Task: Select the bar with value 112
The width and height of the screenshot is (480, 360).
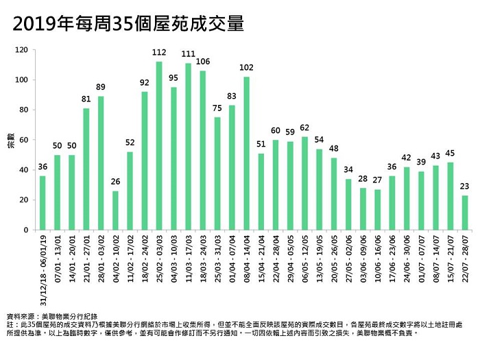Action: (x=159, y=137)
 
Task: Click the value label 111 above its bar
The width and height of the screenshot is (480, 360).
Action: (x=189, y=55)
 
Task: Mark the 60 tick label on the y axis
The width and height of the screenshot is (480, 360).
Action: (x=23, y=140)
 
